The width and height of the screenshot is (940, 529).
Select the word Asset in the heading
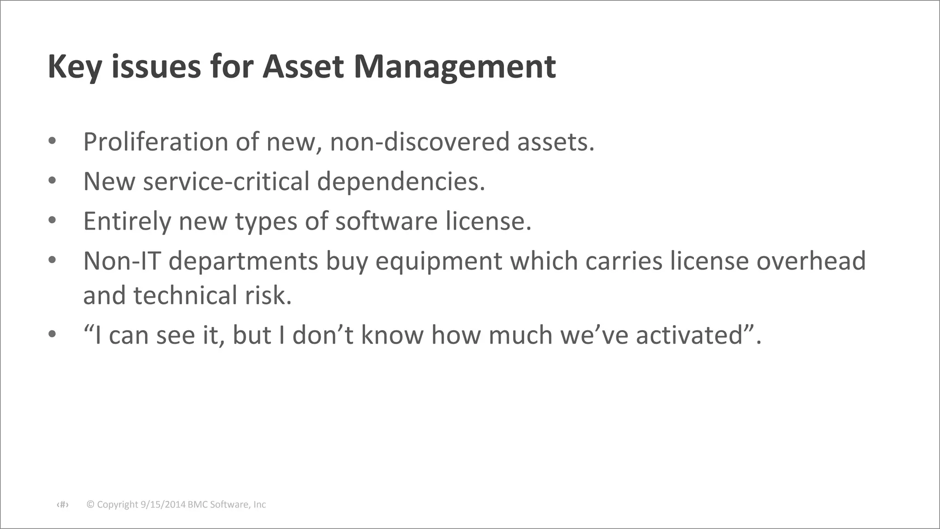click(x=303, y=67)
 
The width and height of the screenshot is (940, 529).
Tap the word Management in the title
click(x=454, y=67)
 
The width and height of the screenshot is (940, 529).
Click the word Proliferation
click(x=156, y=141)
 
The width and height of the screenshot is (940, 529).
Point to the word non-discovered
click(x=420, y=141)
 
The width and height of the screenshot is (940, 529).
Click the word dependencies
click(x=401, y=181)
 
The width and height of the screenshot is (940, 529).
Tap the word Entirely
click(x=127, y=221)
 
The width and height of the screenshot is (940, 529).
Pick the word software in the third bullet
click(x=386, y=221)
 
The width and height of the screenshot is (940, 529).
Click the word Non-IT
click(x=122, y=261)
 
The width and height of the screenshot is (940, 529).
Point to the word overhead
click(x=811, y=261)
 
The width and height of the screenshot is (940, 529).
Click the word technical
click(x=185, y=295)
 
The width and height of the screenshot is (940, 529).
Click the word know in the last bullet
click(x=392, y=335)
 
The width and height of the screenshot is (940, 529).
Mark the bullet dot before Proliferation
click(x=52, y=141)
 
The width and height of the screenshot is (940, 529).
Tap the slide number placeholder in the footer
click(x=62, y=505)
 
